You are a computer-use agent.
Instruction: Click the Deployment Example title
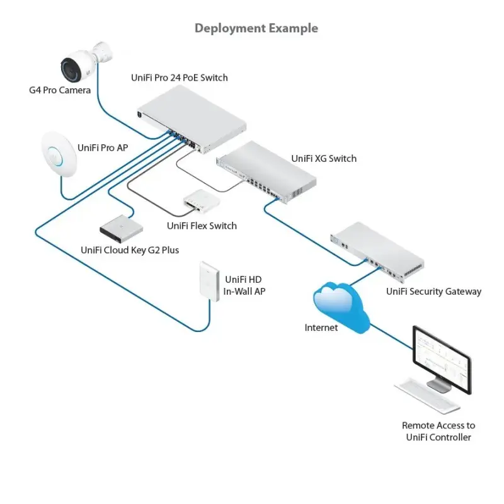256,28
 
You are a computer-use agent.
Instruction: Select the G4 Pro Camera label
60,90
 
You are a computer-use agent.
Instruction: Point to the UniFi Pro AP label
103,147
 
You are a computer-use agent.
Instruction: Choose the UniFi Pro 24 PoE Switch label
179,77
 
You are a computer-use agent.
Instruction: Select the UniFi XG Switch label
324,159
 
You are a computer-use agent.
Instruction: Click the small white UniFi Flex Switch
201,200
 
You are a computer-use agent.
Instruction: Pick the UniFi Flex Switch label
202,226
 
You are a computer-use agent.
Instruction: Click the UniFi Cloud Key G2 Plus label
130,250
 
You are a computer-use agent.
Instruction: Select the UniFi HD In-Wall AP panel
209,280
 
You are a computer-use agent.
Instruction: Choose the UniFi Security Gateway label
433,292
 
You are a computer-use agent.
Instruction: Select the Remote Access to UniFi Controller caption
438,432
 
